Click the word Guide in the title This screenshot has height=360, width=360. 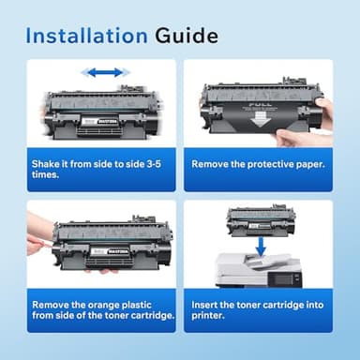click(184, 36)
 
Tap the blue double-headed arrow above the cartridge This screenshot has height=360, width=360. click(102, 72)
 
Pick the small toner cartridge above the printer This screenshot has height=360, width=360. click(260, 218)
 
